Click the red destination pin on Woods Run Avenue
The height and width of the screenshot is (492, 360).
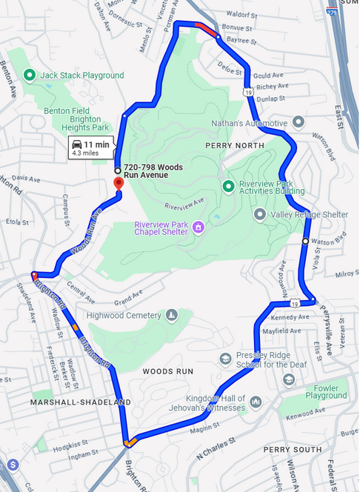[118, 183]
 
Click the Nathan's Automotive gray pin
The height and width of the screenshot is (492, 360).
[298, 122]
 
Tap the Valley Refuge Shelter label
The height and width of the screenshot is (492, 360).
[310, 214]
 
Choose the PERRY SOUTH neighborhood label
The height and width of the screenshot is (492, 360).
[293, 449]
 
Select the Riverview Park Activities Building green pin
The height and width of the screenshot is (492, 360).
[228, 184]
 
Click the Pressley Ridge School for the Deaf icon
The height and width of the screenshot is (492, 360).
[225, 359]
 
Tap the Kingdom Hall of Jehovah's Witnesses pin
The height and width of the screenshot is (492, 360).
[256, 401]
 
